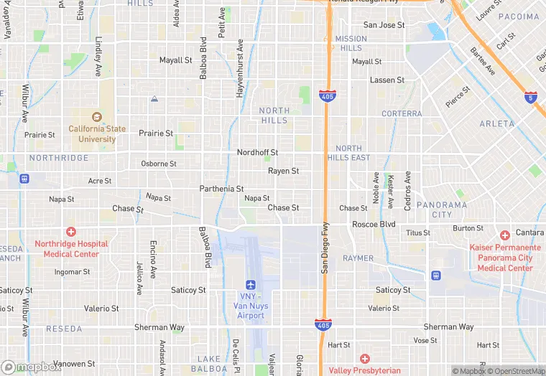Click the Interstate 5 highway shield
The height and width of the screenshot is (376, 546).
(x=530, y=98)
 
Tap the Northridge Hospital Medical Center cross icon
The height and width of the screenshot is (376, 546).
(x=70, y=232)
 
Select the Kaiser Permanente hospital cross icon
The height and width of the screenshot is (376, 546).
(x=505, y=235)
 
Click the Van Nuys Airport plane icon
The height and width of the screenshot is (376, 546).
(x=250, y=285)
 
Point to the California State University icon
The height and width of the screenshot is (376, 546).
(x=97, y=117)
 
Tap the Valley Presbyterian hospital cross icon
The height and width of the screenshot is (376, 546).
(x=365, y=358)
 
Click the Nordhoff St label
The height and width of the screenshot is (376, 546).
(x=257, y=153)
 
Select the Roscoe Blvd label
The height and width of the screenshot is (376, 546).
(x=374, y=225)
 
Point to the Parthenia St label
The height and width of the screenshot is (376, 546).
(x=221, y=189)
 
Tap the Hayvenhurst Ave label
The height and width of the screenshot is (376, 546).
(x=240, y=69)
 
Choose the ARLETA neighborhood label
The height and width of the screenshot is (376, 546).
(x=497, y=123)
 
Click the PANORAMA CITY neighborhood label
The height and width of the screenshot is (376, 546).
(x=442, y=210)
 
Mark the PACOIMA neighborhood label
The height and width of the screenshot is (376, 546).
(x=518, y=17)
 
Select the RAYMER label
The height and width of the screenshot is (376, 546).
(x=358, y=258)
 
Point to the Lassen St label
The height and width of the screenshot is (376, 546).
(x=387, y=80)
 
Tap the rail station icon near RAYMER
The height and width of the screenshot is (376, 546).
(x=435, y=275)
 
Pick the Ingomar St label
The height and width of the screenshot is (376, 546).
(x=73, y=272)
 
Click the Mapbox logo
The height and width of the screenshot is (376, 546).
(x=32, y=367)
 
